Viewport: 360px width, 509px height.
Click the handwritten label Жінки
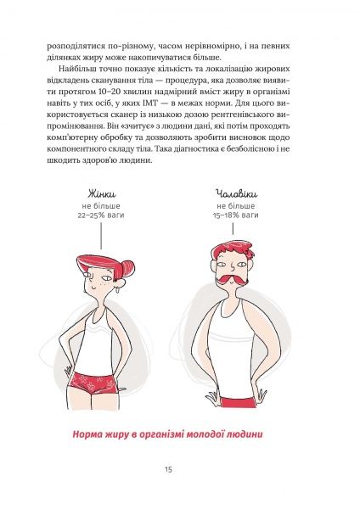click(x=100, y=194)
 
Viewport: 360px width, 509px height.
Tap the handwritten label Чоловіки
click(x=232, y=193)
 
